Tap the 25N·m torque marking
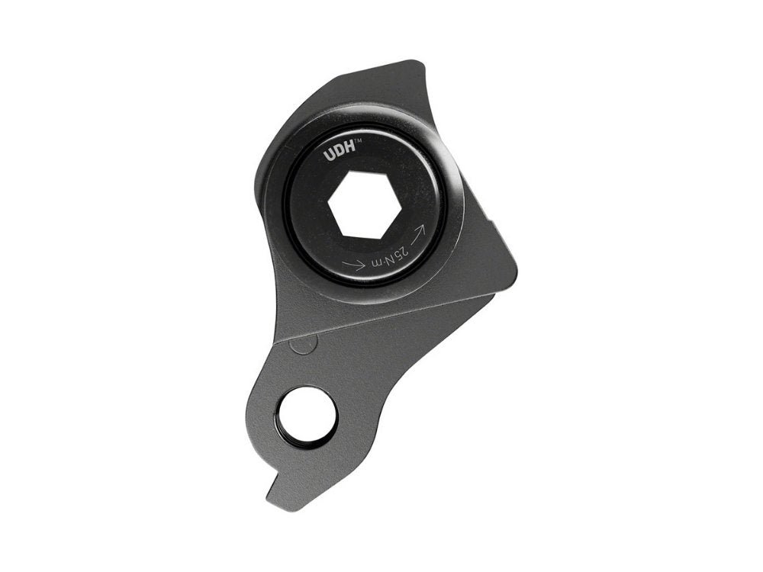click(388, 255)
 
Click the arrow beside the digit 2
click(417, 233)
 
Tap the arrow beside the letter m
click(355, 265)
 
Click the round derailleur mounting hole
click(307, 416)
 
